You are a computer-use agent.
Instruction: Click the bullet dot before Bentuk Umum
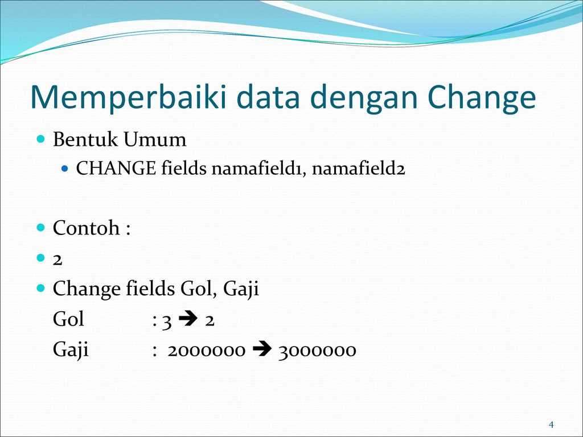tap(40, 139)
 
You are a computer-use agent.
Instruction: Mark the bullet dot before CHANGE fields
tap(64, 169)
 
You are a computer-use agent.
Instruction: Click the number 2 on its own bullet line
tap(58, 259)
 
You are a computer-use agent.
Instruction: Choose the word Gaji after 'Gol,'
tap(241, 290)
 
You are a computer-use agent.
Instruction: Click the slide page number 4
tap(551, 425)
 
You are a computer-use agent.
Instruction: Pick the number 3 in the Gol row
tap(166, 320)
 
